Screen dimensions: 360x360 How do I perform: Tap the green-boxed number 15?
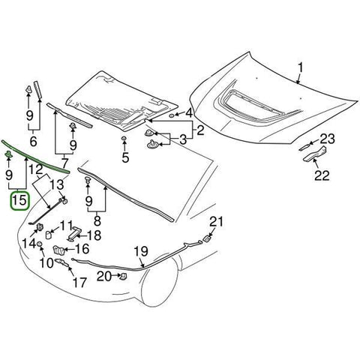20,200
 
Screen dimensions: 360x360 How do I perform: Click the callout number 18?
95,234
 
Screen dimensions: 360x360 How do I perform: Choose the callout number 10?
46,262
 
